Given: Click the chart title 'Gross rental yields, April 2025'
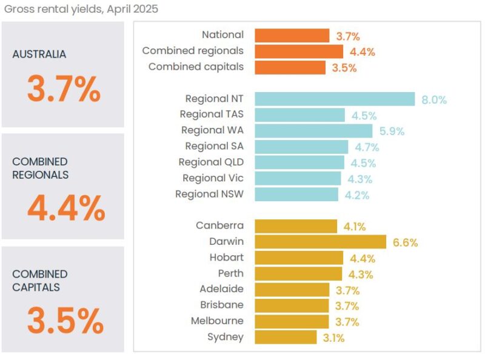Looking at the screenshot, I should (82, 10).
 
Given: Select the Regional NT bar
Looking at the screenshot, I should (334, 99).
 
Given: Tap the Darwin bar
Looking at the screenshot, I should (320, 242).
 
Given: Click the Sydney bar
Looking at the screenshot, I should (285, 337).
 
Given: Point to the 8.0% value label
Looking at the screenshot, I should (434, 99).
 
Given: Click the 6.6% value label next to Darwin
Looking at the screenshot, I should (405, 242).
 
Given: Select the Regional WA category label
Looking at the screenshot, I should (212, 130).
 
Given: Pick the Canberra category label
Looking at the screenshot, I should (219, 225).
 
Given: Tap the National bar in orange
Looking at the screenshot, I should (292, 35).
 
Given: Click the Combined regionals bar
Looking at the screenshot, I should (298, 51).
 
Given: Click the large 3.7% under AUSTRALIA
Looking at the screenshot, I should (64, 90).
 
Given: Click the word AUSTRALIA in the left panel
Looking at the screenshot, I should (39, 54).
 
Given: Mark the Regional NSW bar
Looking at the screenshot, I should (296, 194).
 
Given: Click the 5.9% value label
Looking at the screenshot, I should (392, 131).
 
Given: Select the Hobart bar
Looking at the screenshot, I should (298, 258).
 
